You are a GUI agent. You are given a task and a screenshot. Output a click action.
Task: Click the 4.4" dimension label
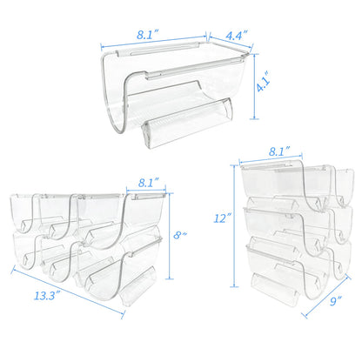237,36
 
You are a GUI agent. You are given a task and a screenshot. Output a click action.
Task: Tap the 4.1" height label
264,83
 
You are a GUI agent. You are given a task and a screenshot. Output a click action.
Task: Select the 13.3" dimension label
47,296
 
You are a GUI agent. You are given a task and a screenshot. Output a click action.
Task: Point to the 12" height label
223,218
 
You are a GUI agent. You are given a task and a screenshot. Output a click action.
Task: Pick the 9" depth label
336,301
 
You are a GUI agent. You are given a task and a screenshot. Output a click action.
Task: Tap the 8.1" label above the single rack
148,35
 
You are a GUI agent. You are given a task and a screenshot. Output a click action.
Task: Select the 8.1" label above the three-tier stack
279,151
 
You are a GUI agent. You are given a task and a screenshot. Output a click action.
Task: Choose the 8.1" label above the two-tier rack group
148,183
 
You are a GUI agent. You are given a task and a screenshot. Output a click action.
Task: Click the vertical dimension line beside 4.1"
254,86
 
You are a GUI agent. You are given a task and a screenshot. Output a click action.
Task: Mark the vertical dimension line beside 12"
234,225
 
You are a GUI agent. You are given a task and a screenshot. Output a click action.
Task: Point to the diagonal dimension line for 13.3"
68,292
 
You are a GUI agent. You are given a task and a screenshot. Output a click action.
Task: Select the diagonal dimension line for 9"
326,296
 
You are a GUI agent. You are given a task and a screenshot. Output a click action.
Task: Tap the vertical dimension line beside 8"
169,236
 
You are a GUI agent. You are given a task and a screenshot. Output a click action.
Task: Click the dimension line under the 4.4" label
231,42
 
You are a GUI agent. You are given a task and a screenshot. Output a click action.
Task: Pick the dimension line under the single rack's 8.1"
154,41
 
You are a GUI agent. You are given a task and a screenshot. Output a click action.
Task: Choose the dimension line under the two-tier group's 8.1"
146,191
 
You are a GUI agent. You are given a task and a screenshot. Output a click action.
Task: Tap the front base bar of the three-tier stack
275,289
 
